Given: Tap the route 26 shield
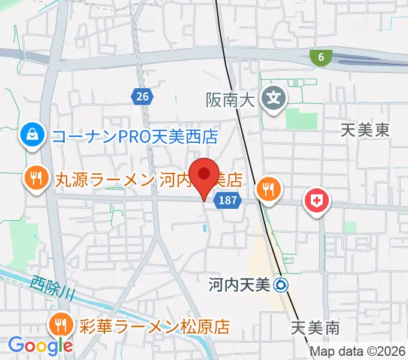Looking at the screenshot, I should coord(142,95).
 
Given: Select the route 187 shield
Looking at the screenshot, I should coord(228,201).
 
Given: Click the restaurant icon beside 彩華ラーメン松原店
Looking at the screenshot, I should coord(62,326).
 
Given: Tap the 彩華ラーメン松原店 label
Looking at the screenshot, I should coord(152,327).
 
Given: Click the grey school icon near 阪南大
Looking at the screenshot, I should coord(275,97).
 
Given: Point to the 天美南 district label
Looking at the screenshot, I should coord(315,328).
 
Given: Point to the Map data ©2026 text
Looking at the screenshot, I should coord(358,351).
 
